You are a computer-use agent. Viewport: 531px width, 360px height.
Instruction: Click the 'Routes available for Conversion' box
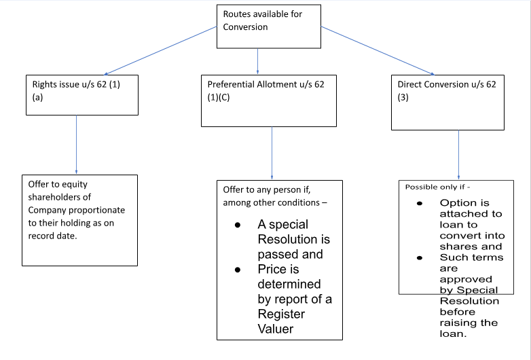(x=268, y=26)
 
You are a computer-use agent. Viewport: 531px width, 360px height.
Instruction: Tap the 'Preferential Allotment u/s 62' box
(x=268, y=100)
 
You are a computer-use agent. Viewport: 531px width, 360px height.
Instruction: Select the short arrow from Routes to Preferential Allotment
(x=258, y=60)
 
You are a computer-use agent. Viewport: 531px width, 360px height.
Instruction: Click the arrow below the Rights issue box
(x=76, y=145)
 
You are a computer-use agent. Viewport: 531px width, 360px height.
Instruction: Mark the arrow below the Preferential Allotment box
(x=272, y=153)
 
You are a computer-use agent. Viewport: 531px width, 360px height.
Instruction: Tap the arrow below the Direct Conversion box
(x=458, y=155)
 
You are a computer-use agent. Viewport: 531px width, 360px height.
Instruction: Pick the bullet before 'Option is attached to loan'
(x=419, y=203)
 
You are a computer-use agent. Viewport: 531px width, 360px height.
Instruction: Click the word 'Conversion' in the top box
(x=245, y=27)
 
